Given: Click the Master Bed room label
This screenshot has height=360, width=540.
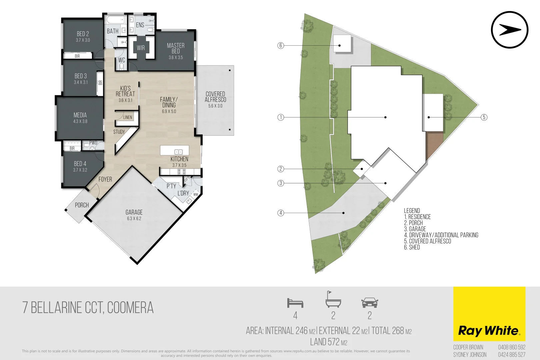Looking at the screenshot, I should [176, 48].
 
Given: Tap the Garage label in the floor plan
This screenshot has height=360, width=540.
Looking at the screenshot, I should [134, 212].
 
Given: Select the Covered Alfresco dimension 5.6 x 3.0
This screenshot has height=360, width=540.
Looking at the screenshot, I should [215, 106].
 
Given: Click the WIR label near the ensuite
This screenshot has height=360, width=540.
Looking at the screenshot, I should [141, 48].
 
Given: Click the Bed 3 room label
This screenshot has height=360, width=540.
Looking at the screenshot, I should [81, 76].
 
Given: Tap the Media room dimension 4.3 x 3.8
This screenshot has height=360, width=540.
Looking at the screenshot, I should [80, 121].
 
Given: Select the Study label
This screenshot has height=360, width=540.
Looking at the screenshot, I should [119, 132].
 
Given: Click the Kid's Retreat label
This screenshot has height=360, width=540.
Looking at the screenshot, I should [125, 91].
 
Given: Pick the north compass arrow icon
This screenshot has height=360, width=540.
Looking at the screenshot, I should [510, 30].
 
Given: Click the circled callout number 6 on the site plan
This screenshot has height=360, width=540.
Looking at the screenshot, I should [281, 45].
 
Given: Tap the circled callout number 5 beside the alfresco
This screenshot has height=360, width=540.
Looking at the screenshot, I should [484, 117].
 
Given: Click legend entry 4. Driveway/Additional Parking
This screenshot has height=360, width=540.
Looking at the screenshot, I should [441, 235].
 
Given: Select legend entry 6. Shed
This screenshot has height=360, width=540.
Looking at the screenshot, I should [412, 247].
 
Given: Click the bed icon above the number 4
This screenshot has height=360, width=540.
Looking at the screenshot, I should [295, 303].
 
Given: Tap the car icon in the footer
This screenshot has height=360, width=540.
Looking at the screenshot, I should [370, 303].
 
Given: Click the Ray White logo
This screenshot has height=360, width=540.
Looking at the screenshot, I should [489, 331].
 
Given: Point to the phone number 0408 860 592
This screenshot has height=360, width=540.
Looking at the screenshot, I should [512, 347].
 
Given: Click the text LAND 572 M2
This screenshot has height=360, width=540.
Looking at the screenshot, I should [329, 342].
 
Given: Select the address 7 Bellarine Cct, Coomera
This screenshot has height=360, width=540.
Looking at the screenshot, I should [88, 308].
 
